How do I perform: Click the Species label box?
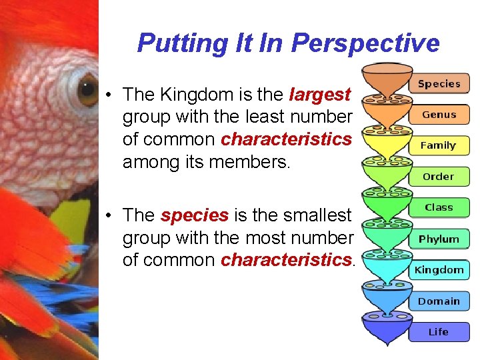point(439,84)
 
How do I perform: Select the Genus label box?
point(439,115)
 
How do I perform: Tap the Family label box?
point(438,145)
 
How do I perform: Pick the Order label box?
point(438,177)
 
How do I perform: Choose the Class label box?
point(439,207)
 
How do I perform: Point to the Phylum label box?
point(439,239)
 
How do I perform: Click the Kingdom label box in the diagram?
point(439,270)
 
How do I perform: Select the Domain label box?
point(439,301)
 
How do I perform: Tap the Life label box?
point(439,332)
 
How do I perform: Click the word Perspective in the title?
point(366,43)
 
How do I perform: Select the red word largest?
point(320,95)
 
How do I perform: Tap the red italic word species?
point(195,215)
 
